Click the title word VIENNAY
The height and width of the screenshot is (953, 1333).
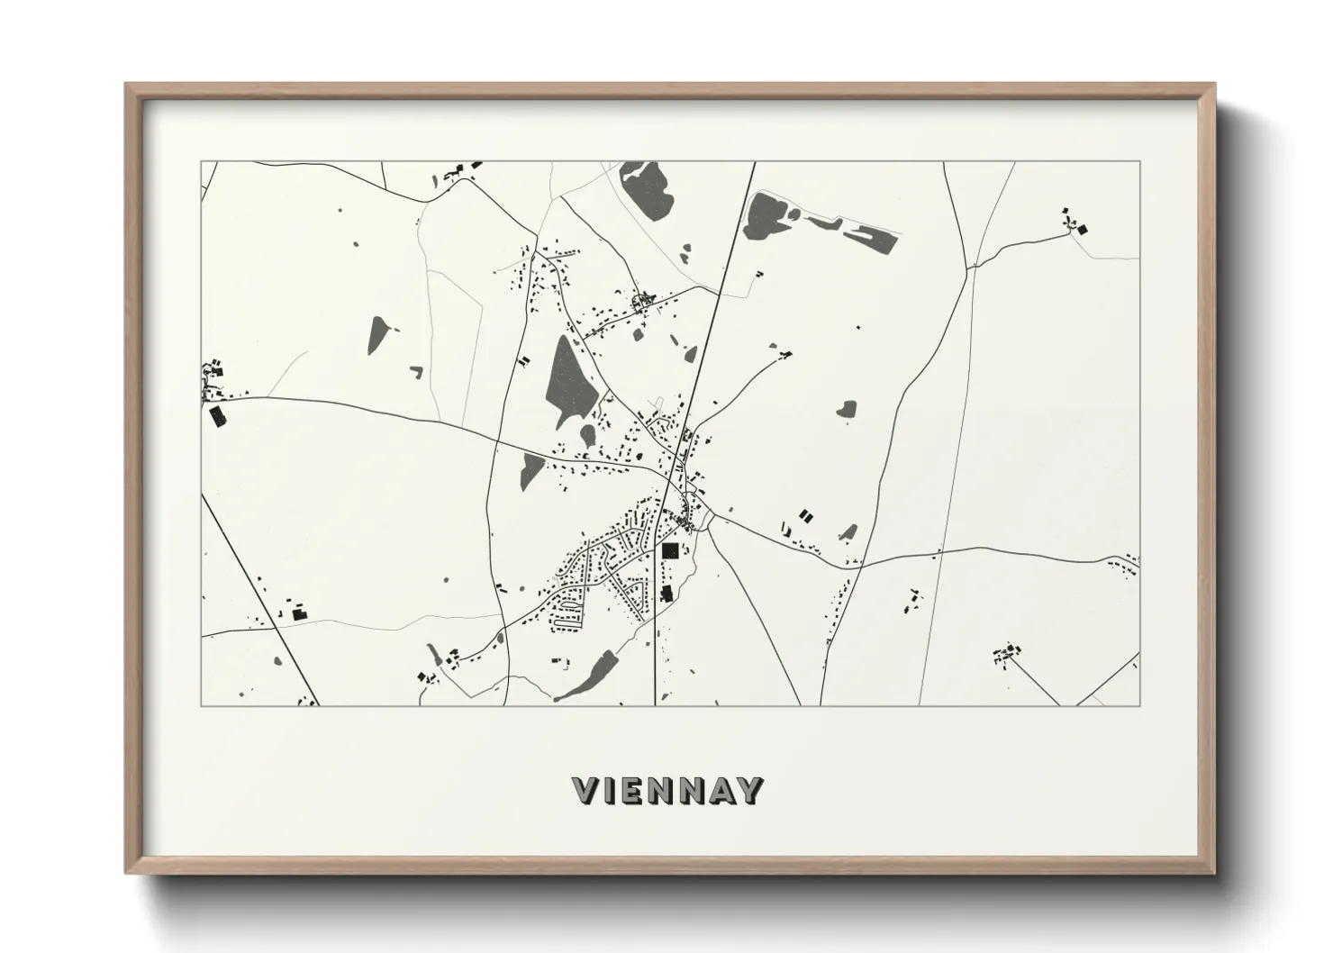click(667, 790)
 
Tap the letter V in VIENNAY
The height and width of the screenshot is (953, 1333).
click(585, 790)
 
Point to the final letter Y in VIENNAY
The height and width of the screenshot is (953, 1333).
click(750, 790)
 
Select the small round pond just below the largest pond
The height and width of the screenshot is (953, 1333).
click(587, 436)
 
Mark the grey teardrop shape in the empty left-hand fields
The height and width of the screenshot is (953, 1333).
click(376, 334)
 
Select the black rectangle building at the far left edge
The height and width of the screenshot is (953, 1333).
click(217, 415)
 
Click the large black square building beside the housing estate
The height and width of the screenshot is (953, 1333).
click(669, 550)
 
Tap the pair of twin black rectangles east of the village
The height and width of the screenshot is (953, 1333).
click(804, 516)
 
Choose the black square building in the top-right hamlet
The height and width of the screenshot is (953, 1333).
click(1081, 229)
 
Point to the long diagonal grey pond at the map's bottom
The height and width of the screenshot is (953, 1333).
click(590, 675)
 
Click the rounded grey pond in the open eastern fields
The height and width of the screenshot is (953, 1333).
click(845, 410)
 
